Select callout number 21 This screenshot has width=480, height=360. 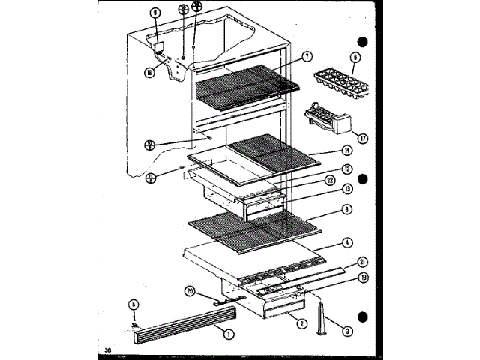pos(362,261)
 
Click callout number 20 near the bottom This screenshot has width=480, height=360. pos(190,292)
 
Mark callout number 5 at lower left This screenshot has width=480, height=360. pos(133,304)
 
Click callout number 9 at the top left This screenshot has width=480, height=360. pos(155,13)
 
